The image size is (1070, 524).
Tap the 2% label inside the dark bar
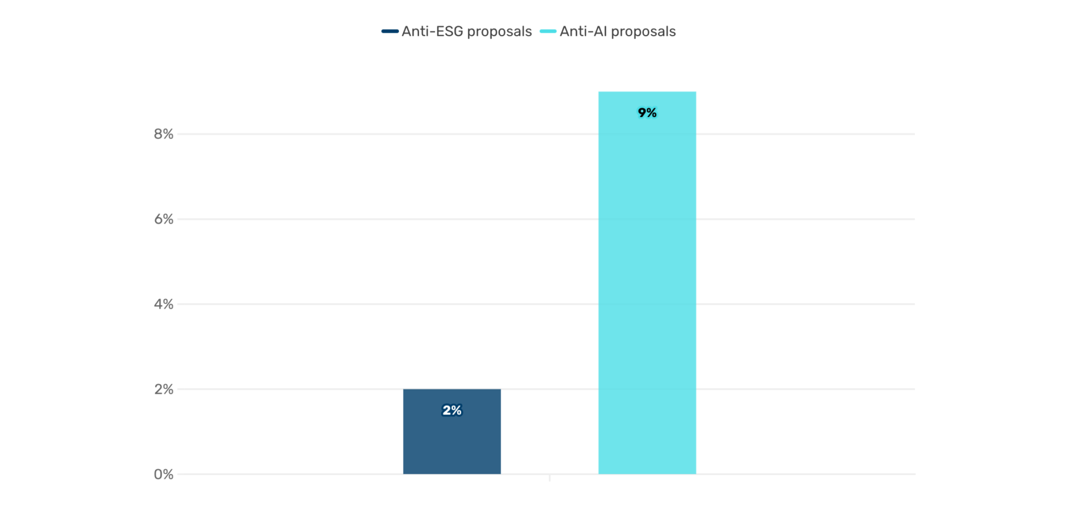452,410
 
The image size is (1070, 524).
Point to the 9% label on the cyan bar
647,113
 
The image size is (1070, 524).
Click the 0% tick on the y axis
163,475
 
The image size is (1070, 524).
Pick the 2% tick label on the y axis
163,390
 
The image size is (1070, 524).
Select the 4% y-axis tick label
163,305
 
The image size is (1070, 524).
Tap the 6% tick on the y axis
163,219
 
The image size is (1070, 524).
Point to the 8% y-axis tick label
163,134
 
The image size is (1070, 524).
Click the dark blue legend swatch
390,32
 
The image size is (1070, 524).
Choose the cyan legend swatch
548,32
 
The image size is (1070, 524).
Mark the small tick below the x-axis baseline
550,478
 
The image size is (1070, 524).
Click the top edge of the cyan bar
647,92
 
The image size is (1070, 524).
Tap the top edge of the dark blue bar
452,390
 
